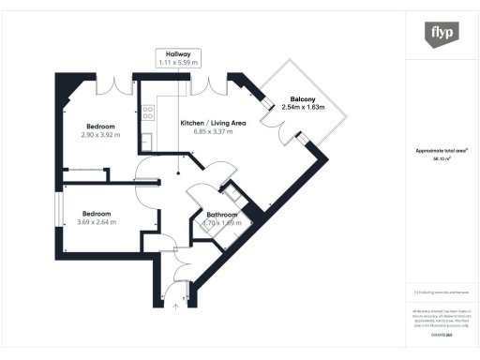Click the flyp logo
click(442, 33)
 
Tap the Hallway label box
click(178, 58)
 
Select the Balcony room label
click(302, 99)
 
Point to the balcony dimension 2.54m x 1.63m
click(303, 108)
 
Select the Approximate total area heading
click(441, 151)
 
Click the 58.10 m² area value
click(441, 159)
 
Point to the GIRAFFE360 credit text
click(441, 333)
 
